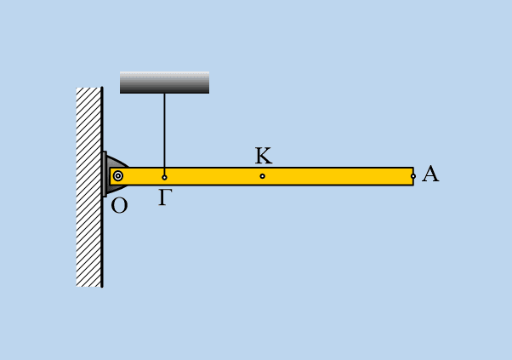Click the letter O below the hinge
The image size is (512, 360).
pos(119,206)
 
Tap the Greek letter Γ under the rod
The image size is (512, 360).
pos(165,197)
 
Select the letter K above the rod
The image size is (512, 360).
pos(263,156)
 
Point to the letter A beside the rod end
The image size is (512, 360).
pos(430,174)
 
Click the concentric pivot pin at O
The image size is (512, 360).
pos(118,176)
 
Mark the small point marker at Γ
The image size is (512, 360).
pos(164,177)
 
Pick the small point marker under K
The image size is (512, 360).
pos(262,176)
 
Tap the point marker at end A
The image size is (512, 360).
pos(413,176)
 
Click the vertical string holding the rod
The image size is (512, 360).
pos(164,134)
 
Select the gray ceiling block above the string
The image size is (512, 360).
pos(165,83)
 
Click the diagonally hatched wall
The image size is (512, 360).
pos(88,187)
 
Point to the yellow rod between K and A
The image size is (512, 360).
pos(338,176)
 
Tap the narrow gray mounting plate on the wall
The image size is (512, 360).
pos(104,174)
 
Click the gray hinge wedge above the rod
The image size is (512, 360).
pos(116,162)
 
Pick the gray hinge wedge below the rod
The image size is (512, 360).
pos(115,189)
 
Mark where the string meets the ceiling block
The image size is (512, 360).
pos(164,94)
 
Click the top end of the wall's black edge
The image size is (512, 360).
pos(102,88)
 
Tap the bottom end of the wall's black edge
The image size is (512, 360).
pos(102,287)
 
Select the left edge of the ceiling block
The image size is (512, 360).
pos(120,83)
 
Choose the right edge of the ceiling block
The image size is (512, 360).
pos(209,83)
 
